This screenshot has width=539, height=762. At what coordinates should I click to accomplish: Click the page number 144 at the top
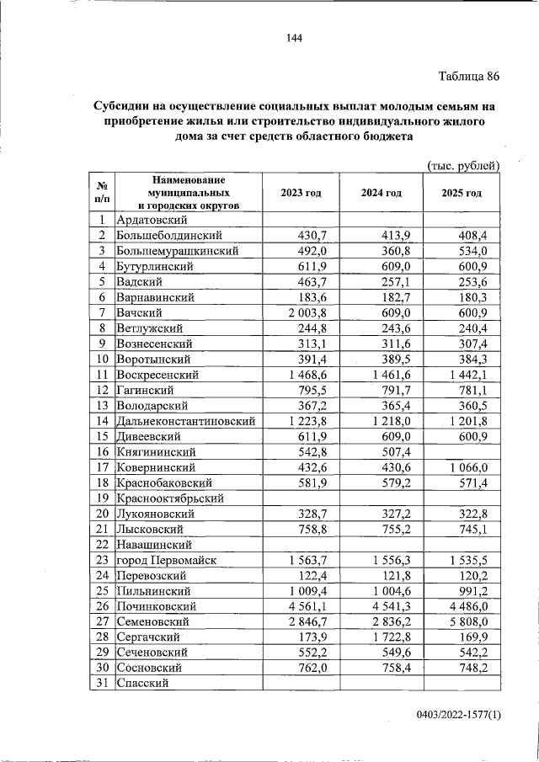[x=293, y=38]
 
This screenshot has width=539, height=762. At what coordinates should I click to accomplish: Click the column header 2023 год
[x=301, y=193]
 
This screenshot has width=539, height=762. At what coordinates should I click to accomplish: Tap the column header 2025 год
[x=462, y=193]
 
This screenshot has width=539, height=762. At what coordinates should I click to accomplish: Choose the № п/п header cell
[x=100, y=193]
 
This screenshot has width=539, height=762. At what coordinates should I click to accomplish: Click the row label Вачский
[x=141, y=312]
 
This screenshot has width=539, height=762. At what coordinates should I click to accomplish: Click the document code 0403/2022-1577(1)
[x=458, y=716]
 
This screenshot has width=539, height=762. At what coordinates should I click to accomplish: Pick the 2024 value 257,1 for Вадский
[x=393, y=281]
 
